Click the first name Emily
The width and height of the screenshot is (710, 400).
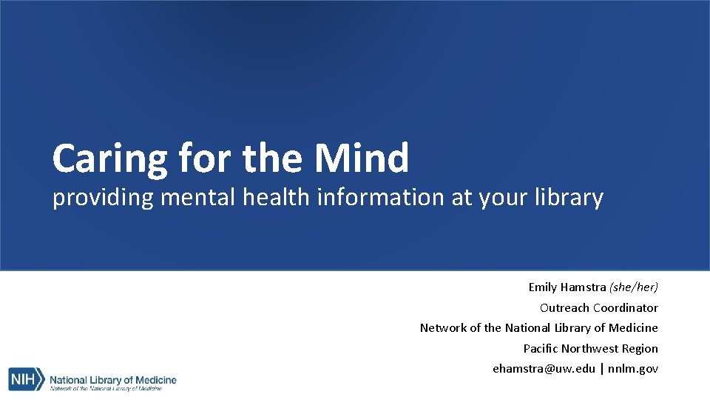(542, 287)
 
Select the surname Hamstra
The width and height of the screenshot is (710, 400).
(583, 287)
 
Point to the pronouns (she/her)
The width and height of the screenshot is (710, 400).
(634, 287)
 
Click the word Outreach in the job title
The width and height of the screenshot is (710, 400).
(564, 307)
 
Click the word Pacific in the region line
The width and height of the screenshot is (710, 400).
(541, 348)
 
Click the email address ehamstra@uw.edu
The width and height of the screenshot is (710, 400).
(544, 369)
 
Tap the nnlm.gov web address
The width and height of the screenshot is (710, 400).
(633, 369)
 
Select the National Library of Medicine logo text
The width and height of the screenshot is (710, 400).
(113, 380)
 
